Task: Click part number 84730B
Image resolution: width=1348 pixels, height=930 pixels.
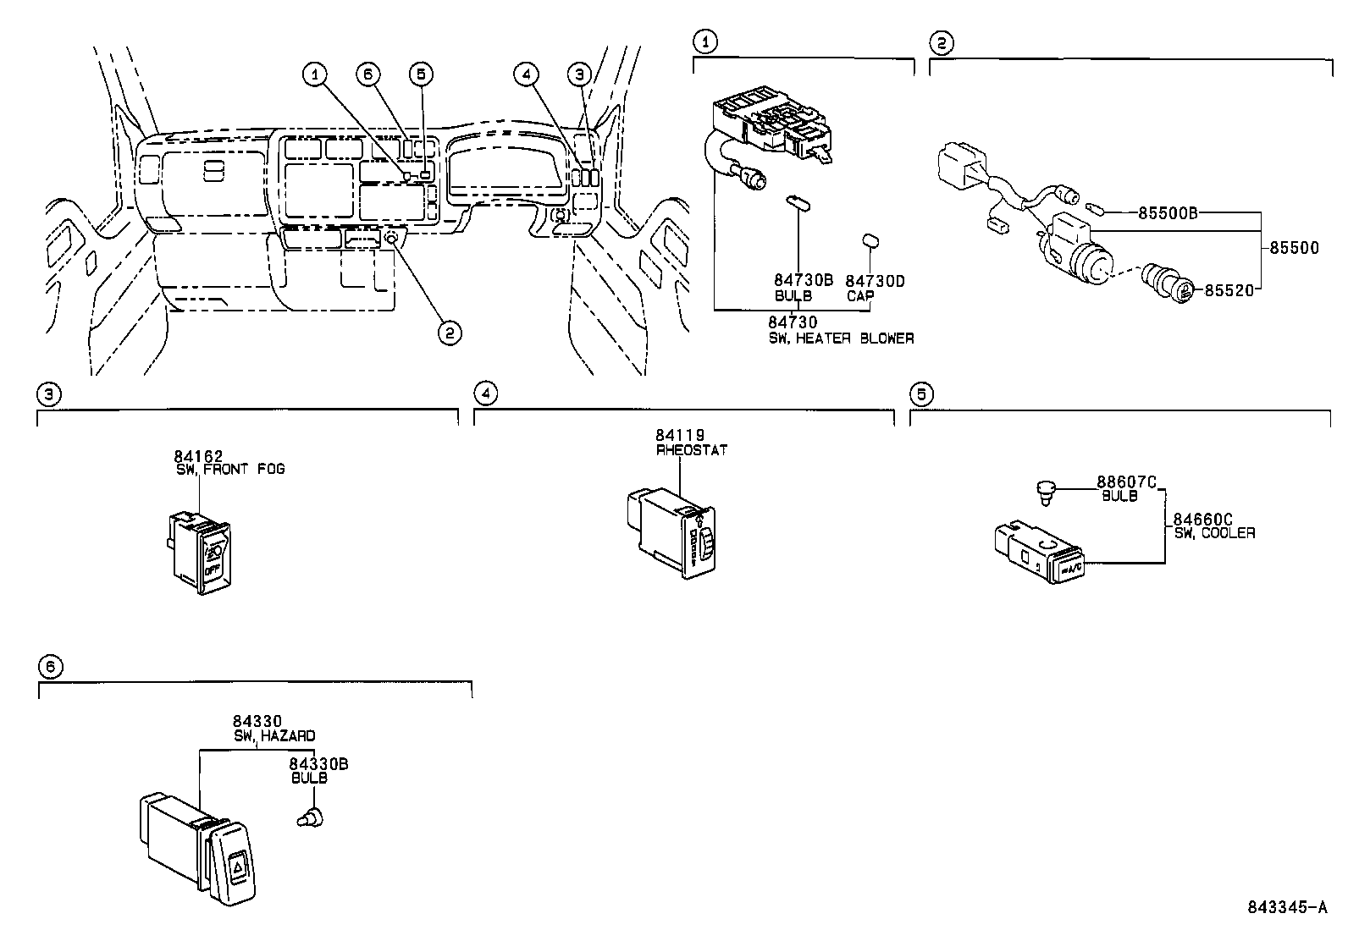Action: tap(803, 280)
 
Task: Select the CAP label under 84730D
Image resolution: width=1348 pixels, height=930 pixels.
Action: tap(860, 296)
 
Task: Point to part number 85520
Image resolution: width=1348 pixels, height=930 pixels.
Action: tap(1228, 289)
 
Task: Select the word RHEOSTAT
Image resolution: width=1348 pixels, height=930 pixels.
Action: tap(691, 450)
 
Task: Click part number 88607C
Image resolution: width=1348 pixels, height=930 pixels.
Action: tap(1126, 482)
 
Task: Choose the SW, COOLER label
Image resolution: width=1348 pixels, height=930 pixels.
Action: tap(1214, 533)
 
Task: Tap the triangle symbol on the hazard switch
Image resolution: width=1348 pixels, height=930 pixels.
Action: tap(239, 865)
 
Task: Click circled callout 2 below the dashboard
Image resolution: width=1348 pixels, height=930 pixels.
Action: tap(450, 333)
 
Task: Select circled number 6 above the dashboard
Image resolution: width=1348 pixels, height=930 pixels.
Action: tap(367, 74)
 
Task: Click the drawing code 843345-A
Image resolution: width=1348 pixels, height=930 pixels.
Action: tap(1286, 907)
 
